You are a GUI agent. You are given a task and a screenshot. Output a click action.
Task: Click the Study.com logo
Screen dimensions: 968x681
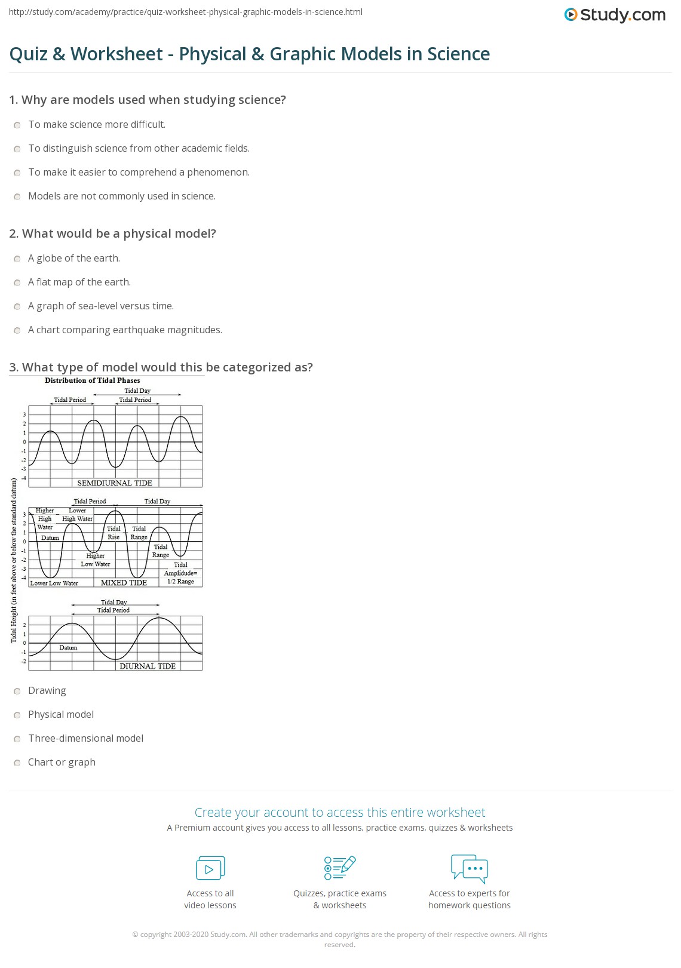tap(615, 15)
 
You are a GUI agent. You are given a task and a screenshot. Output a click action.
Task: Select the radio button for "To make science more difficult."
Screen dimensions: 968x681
tap(17, 125)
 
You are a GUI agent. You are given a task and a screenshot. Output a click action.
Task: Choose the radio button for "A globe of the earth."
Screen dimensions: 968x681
tap(17, 259)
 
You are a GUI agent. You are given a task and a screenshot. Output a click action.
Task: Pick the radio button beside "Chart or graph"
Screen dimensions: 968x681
tap(17, 763)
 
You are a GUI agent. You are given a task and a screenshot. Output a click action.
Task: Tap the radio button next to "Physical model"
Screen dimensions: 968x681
tap(17, 715)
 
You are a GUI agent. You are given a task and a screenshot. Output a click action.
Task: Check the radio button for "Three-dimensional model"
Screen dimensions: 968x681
tap(17, 739)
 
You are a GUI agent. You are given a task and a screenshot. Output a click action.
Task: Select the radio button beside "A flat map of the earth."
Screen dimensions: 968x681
tap(17, 282)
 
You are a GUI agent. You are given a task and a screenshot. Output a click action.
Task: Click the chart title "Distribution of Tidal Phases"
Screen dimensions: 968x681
tap(93, 380)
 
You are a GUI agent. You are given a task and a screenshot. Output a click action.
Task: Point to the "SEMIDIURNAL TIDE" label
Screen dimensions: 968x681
tap(115, 483)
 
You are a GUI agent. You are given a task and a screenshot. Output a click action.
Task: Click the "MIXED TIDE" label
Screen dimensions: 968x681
tap(124, 582)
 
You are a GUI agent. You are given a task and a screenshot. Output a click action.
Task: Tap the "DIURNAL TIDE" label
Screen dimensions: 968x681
tap(148, 666)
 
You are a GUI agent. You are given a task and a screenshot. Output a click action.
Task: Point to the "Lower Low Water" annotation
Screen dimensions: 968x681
tap(54, 583)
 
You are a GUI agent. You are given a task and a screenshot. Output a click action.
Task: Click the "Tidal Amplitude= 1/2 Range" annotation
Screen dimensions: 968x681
tap(180, 573)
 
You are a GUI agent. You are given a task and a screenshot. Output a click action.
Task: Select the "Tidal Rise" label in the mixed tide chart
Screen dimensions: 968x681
tap(113, 533)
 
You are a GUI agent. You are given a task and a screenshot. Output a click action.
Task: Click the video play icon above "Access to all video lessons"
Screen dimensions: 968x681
tap(210, 868)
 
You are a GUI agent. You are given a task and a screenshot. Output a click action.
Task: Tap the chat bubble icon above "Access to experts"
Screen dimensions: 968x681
tap(470, 868)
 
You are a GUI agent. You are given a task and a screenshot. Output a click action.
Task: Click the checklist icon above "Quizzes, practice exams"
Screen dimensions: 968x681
tap(340, 868)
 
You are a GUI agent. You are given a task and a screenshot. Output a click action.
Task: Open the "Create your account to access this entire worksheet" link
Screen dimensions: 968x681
tap(340, 812)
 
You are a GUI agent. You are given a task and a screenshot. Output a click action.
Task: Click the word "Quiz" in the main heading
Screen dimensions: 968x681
tap(28, 54)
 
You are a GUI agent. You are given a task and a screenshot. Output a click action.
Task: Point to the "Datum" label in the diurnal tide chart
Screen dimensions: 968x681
tap(68, 647)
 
